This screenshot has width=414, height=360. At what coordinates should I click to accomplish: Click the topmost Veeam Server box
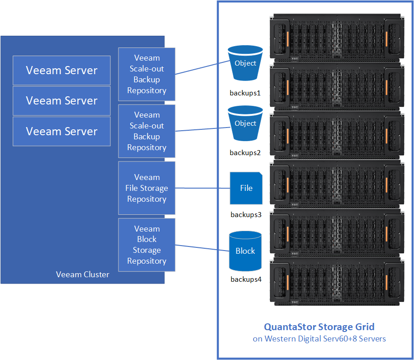pos(61,70)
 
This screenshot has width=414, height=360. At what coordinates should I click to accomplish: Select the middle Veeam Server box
pos(61,100)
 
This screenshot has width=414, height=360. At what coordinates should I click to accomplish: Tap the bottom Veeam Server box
pos(61,131)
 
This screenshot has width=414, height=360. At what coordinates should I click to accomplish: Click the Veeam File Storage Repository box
pos(146,188)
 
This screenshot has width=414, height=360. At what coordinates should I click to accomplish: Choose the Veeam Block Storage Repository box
pos(146,245)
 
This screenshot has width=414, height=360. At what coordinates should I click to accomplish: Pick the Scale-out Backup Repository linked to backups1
pos(146,74)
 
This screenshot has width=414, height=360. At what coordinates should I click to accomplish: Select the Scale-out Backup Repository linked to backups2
pos(146,131)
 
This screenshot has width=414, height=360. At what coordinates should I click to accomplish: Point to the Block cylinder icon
pos(245,251)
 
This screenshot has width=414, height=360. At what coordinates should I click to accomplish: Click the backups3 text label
pos(246,214)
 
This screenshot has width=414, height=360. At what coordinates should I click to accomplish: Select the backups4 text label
pos(246,279)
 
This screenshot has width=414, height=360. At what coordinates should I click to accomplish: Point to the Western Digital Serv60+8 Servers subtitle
pos(319,339)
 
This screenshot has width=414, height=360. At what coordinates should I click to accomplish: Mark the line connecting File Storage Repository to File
pos(202,188)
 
